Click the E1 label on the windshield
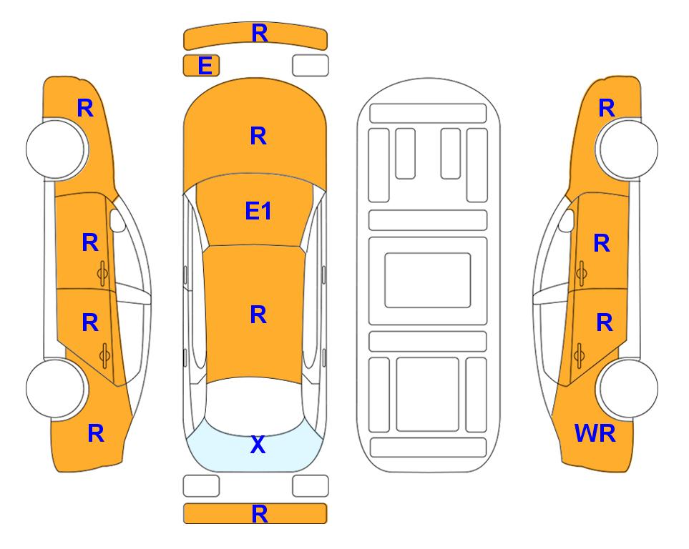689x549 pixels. pyautogui.click(x=258, y=211)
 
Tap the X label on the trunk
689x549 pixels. pyautogui.click(x=258, y=445)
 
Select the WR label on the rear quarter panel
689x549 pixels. pyautogui.click(x=595, y=433)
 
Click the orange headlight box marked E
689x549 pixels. pyautogui.click(x=201, y=66)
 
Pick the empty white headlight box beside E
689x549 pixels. pyautogui.click(x=311, y=66)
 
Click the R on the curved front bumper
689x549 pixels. pyautogui.click(x=260, y=34)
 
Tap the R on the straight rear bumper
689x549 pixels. pyautogui.click(x=260, y=514)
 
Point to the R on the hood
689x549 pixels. pyautogui.click(x=258, y=136)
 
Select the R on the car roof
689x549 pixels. pyautogui.click(x=258, y=315)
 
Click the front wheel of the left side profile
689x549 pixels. pyautogui.click(x=56, y=149)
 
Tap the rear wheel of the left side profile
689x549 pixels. pyautogui.click(x=56, y=389)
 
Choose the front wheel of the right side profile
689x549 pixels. pyautogui.click(x=628, y=149)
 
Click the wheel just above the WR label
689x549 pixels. pyautogui.click(x=628, y=389)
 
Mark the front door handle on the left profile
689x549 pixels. pyautogui.click(x=103, y=274)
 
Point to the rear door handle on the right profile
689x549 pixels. pyautogui.click(x=580, y=356)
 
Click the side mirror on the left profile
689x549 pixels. pyautogui.click(x=117, y=220)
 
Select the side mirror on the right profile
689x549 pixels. pyautogui.click(x=567, y=220)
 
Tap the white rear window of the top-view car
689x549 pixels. pyautogui.click(x=255, y=408)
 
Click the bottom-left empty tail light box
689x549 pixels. pyautogui.click(x=201, y=486)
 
